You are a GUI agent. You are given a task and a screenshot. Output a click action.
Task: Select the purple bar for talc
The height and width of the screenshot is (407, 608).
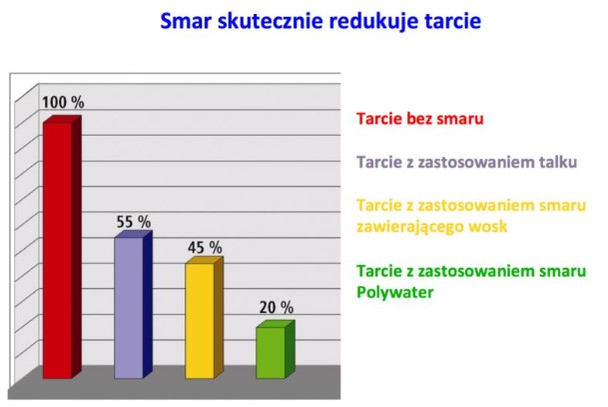[133, 304]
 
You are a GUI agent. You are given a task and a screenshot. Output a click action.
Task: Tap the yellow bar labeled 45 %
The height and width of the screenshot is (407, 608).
[204, 317]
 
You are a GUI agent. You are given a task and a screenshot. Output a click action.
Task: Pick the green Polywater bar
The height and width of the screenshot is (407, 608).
[276, 350]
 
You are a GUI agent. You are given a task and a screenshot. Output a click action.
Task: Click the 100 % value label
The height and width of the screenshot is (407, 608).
[63, 103]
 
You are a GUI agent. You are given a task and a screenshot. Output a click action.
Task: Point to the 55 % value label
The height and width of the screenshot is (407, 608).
[134, 222]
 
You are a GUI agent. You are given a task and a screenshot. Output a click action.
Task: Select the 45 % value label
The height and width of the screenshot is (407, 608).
[205, 247]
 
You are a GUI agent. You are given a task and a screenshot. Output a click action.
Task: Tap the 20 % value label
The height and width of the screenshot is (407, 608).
[277, 308]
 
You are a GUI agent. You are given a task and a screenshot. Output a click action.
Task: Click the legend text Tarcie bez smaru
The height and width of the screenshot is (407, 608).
[420, 119]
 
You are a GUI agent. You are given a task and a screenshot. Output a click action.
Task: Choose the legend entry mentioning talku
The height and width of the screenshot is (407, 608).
[467, 162]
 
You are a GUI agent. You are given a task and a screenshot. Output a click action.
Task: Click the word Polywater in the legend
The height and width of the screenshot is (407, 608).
[394, 292]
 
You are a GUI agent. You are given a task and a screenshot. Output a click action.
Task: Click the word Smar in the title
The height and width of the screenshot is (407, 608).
[187, 21]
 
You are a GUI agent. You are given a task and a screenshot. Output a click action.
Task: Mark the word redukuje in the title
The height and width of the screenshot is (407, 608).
[374, 21]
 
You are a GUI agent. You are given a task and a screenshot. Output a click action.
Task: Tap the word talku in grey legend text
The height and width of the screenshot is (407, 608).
[558, 162]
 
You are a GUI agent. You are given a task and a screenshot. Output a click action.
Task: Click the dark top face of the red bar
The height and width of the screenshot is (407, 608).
[62, 119]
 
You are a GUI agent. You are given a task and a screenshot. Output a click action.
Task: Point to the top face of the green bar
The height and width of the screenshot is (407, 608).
[276, 324]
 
